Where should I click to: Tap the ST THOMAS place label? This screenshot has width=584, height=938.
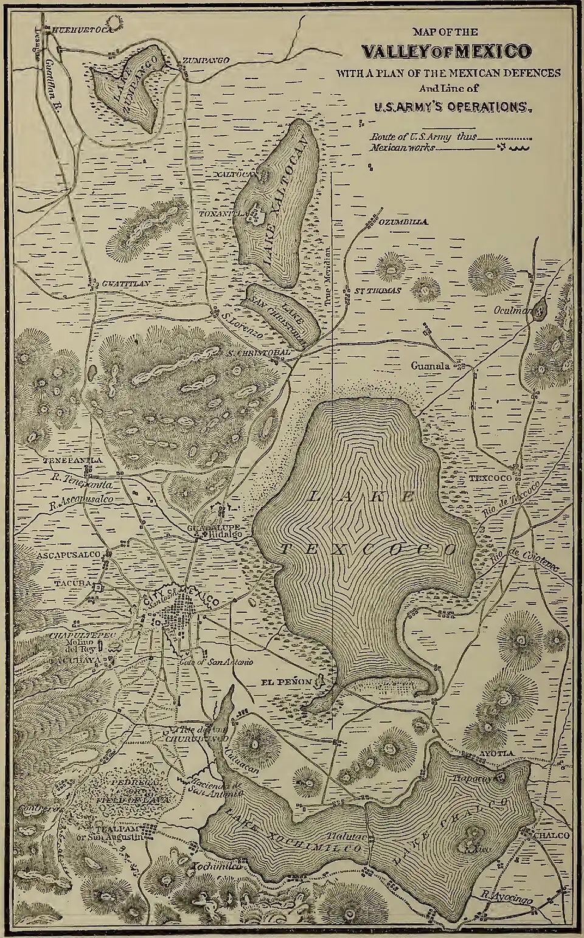click(x=377, y=291)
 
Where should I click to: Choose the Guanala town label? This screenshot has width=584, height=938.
click(x=430, y=367)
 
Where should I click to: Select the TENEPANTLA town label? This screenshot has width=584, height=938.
click(x=72, y=461)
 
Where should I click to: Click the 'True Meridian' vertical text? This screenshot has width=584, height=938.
click(x=327, y=274)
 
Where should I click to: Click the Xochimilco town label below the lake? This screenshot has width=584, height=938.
click(x=210, y=867)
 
